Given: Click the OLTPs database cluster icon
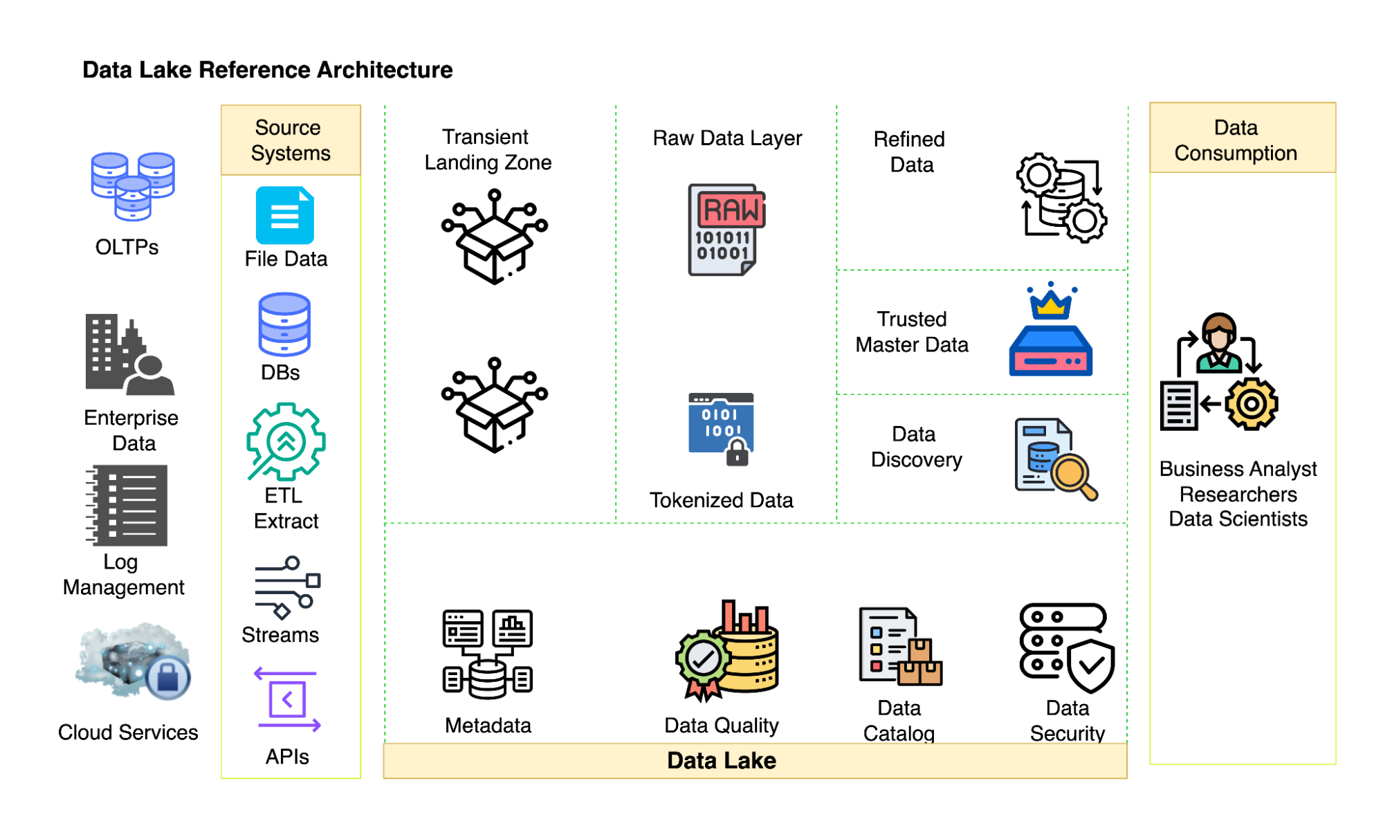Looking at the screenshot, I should point(133,185).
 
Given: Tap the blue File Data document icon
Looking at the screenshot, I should point(284,215).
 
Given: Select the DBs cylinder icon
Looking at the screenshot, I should point(284,324).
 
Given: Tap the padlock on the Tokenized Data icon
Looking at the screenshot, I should point(738,453).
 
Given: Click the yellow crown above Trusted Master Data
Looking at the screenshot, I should point(1050,302).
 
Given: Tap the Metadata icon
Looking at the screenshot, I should point(488,654).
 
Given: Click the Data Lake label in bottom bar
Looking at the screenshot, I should point(721,761).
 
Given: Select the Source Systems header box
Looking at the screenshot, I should point(291,140).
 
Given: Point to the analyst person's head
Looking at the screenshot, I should point(1218,330).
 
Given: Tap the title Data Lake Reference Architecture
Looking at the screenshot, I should point(267,70).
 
